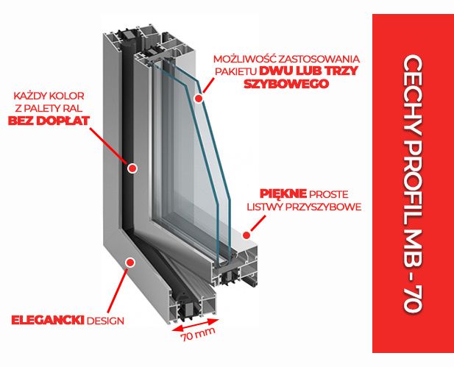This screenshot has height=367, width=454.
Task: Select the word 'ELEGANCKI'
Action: [x=47, y=320]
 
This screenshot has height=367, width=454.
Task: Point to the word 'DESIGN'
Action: [x=105, y=320]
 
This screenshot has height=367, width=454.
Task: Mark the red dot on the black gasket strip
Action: [x=132, y=168]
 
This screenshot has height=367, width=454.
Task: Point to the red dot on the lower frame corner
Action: [x=131, y=262]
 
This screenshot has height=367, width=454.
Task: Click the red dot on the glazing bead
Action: [x=241, y=235]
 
